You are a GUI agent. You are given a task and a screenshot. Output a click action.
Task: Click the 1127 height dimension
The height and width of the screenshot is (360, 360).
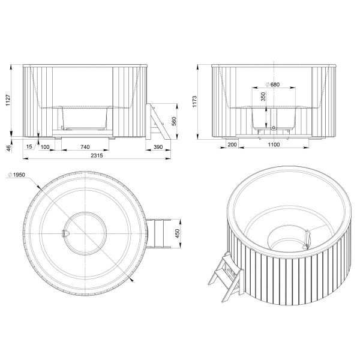tap(8, 100)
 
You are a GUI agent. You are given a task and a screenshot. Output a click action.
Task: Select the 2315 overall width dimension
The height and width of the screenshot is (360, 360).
tap(97, 155)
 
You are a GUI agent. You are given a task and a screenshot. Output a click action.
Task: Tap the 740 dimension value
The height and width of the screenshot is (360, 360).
tap(85, 147)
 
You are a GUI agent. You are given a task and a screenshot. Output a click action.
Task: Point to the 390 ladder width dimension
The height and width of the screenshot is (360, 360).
tap(158, 147)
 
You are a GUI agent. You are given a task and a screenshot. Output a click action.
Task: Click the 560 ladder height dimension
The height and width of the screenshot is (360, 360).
tap(174, 121)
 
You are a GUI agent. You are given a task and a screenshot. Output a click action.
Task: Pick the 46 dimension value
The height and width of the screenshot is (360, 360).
tap(8, 148)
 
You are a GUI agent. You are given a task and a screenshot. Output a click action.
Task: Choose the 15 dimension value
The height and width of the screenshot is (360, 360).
tap(29, 147)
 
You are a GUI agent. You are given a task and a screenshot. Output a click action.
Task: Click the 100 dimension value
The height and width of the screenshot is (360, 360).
tap(45, 147)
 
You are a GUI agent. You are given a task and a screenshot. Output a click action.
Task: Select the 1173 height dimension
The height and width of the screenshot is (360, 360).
tap(194, 101)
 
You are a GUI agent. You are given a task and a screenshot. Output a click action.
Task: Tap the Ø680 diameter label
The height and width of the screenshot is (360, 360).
tap(273, 85)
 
